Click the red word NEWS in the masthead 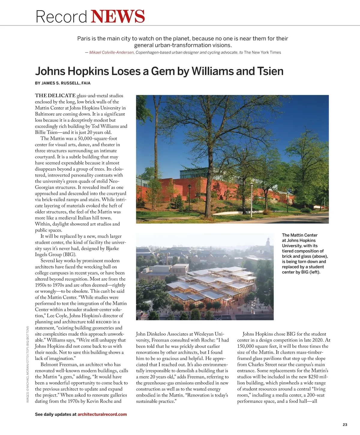[118, 16]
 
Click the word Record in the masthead [61, 17]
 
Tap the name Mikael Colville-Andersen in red [112, 52]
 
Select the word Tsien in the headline [270, 71]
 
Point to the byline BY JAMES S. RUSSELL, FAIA [63, 83]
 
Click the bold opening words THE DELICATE [55, 96]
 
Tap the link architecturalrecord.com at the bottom [102, 414]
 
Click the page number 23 [345, 424]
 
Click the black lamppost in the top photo [190, 198]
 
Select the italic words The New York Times [262, 52]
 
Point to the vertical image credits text [28, 364]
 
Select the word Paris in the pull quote [84, 39]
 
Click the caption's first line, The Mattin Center [299, 235]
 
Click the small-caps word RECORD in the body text [103, 322]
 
